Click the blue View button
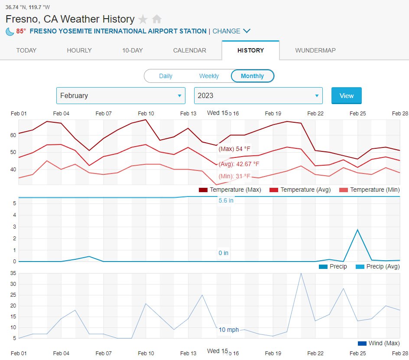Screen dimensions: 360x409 click(346, 95)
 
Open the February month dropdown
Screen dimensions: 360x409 click(120, 95)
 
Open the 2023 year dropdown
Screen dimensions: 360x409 click(258, 95)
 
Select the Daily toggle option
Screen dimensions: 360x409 click(166, 76)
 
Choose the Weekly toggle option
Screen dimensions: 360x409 click(209, 76)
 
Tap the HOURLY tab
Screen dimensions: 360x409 click(79, 50)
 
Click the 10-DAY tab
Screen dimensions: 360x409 click(132, 50)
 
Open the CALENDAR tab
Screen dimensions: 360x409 click(190, 50)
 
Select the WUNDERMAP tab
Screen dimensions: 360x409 click(315, 50)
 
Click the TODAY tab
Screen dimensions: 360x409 click(26, 50)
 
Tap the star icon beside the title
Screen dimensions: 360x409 click(143, 19)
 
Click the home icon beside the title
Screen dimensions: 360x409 click(157, 19)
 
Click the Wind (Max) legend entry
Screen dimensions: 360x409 click(378, 343)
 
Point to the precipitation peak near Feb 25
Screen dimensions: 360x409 click(357, 229)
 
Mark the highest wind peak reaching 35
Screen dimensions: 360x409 click(301, 273)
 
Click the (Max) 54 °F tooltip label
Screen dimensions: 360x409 click(234, 149)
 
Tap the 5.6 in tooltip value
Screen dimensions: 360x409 click(226, 200)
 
